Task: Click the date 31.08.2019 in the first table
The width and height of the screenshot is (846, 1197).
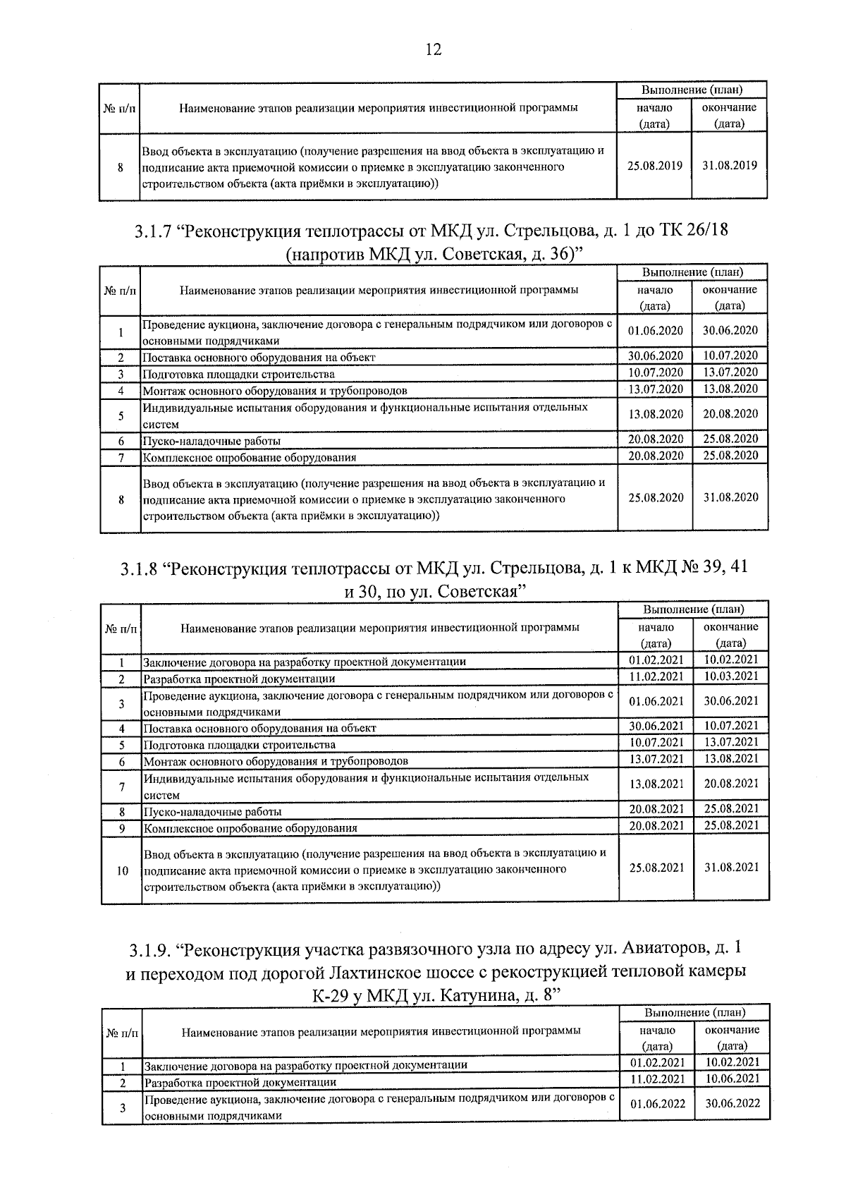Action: tap(730, 166)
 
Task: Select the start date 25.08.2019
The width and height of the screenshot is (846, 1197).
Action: tap(655, 166)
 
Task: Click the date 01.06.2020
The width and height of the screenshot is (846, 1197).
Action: tap(655, 330)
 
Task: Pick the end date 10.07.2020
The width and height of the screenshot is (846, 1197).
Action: tap(730, 356)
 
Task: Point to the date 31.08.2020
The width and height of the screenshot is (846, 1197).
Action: tap(730, 497)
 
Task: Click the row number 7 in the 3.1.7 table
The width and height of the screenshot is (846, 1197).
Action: tap(121, 457)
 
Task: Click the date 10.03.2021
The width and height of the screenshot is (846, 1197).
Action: tap(731, 676)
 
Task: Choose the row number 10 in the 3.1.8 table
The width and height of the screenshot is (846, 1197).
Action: tap(122, 870)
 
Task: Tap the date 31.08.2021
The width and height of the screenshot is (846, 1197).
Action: tap(731, 868)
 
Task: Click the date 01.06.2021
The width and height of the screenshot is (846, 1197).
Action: tap(656, 701)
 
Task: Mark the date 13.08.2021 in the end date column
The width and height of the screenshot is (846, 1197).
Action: tap(731, 759)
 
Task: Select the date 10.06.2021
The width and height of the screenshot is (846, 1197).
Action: tap(732, 1078)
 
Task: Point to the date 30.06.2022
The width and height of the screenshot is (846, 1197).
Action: tap(732, 1104)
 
